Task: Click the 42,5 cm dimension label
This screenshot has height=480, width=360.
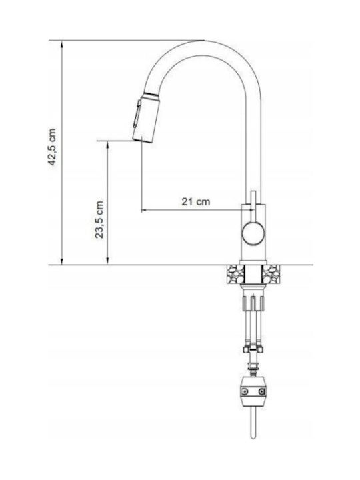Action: pos(52,147)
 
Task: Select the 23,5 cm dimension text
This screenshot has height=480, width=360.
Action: pos(99,220)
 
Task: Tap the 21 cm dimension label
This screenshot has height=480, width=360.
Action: pos(196,202)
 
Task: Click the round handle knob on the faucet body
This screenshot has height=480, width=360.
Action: pos(253,233)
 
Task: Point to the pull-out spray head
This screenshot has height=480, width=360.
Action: pos(146,117)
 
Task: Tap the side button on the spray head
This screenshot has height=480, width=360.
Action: pos(137,113)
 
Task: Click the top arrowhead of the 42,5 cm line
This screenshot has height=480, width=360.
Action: pos(62,44)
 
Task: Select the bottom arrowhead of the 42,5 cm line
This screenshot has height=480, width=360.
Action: pos(62,261)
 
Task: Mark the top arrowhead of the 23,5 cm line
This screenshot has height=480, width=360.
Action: pos(107,145)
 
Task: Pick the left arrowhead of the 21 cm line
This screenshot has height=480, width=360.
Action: pos(145,210)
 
